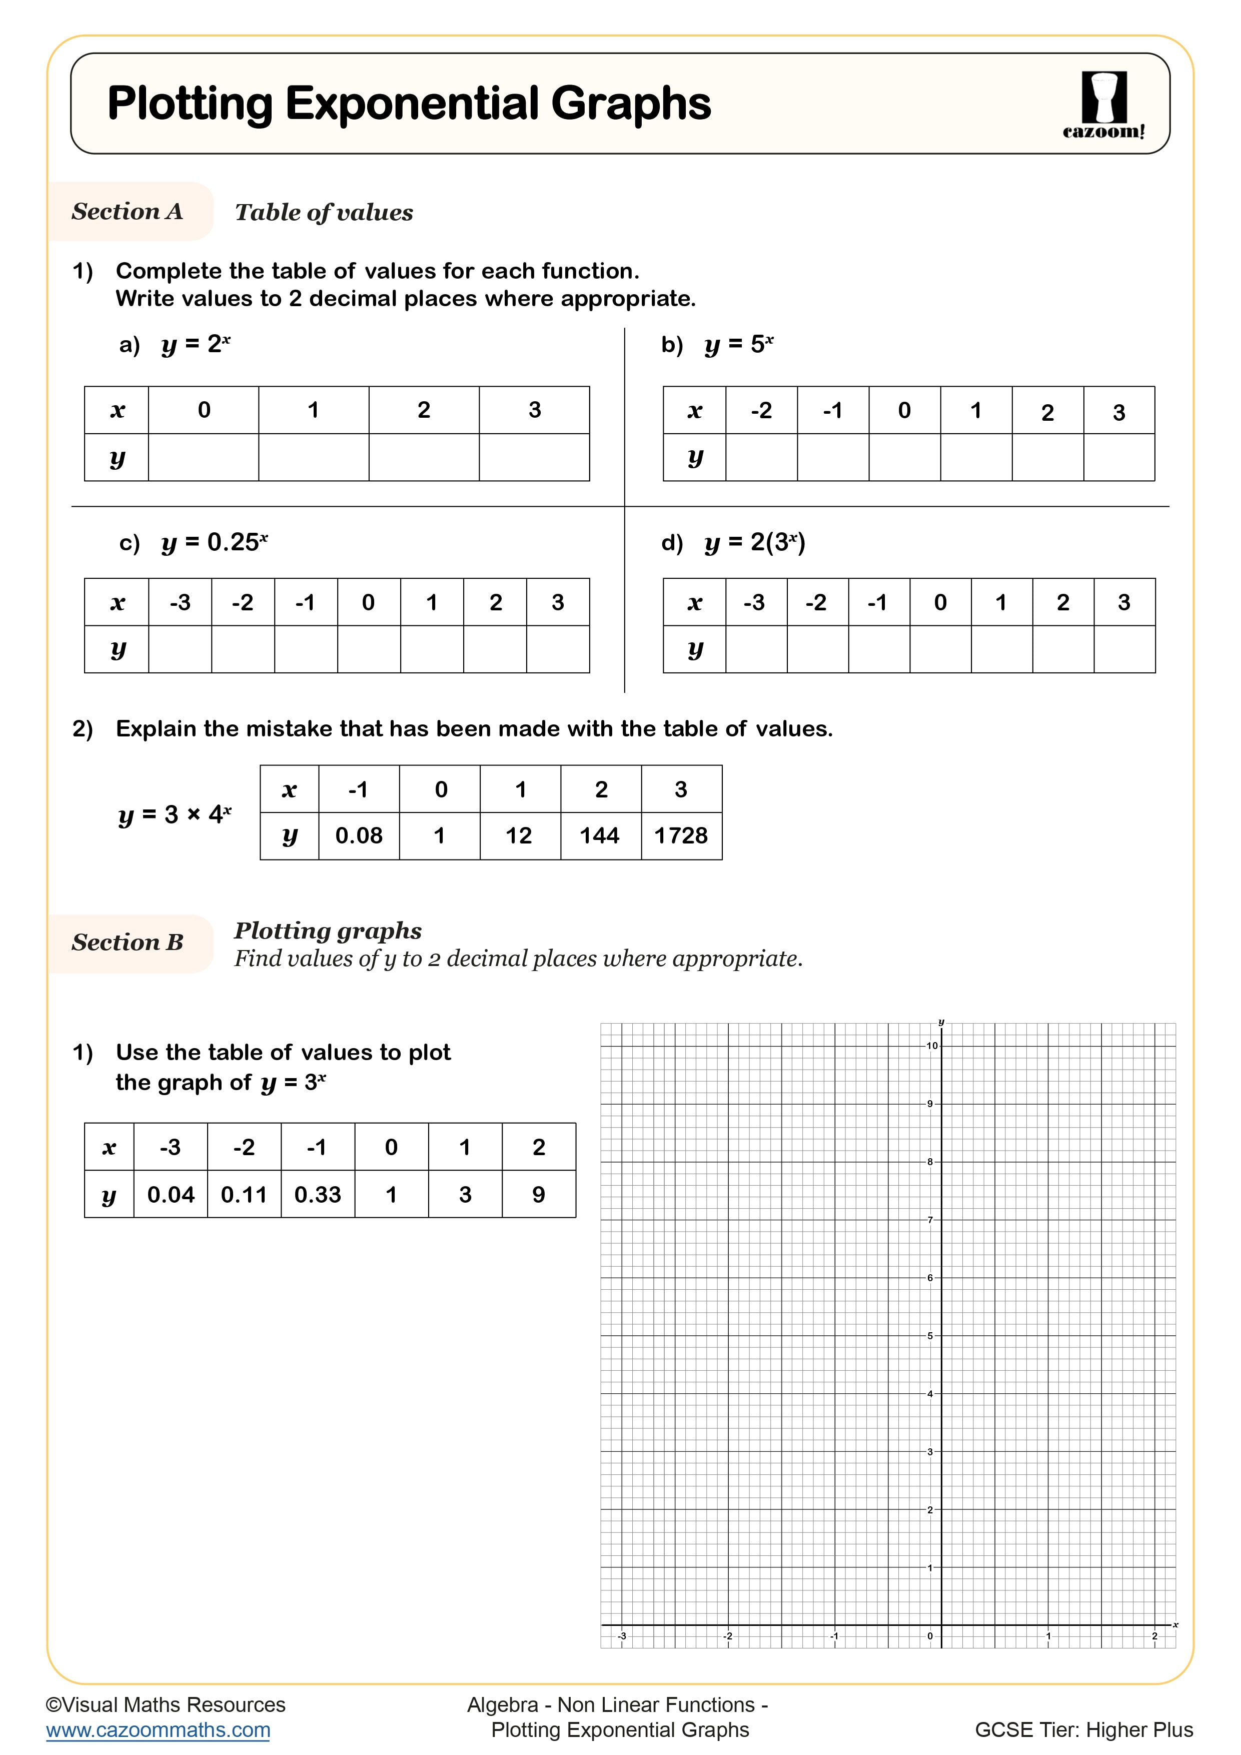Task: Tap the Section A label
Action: [x=128, y=212]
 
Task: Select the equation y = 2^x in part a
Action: [x=196, y=345]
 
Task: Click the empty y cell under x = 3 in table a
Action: [x=534, y=457]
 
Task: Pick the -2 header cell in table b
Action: [x=761, y=410]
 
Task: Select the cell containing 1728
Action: [x=681, y=835]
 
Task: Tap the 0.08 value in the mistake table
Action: [x=358, y=835]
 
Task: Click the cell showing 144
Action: [x=600, y=835]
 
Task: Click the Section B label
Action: [x=128, y=943]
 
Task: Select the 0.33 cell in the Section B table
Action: [x=317, y=1195]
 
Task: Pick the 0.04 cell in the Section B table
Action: [x=171, y=1195]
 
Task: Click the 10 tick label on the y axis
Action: [x=931, y=1046]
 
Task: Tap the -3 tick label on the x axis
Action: [x=622, y=1636]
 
